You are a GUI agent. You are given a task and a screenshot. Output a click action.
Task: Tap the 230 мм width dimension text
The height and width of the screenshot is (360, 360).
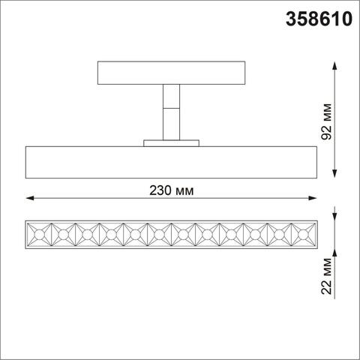(172, 190)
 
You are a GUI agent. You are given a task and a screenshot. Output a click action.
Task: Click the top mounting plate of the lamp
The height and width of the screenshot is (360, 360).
(172, 73)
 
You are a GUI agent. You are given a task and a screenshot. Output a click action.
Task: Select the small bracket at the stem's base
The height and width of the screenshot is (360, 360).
(172, 142)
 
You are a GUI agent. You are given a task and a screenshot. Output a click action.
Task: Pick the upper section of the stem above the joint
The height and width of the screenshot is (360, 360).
(172, 98)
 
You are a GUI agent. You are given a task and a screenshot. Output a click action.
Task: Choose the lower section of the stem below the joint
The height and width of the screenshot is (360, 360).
(172, 126)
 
